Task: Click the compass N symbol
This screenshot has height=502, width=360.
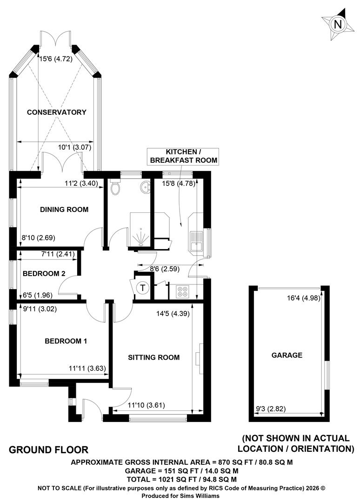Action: (x=338, y=24)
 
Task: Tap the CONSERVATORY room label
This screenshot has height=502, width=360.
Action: (x=57, y=112)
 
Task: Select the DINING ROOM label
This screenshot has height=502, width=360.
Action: (x=64, y=209)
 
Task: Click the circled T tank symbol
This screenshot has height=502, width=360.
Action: (x=142, y=288)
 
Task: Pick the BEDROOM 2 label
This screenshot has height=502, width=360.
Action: (x=44, y=273)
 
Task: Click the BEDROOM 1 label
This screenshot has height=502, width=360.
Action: (x=66, y=341)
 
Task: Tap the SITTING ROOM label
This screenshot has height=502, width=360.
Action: (x=154, y=357)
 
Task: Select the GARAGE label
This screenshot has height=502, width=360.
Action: (x=287, y=355)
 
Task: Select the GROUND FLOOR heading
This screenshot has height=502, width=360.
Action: (x=48, y=450)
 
